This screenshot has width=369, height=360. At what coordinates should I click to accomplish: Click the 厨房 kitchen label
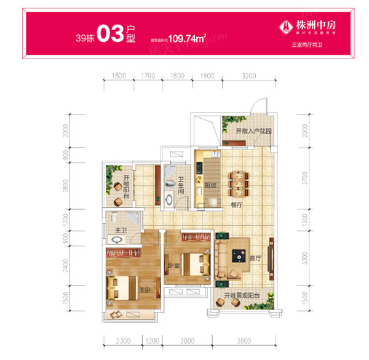click(x=210, y=186)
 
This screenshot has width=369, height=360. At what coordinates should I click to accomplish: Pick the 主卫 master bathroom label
click(x=121, y=231)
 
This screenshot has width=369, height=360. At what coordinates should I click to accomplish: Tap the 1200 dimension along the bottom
click(x=151, y=340)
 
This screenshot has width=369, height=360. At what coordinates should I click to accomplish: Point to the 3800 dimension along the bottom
click(x=243, y=340)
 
